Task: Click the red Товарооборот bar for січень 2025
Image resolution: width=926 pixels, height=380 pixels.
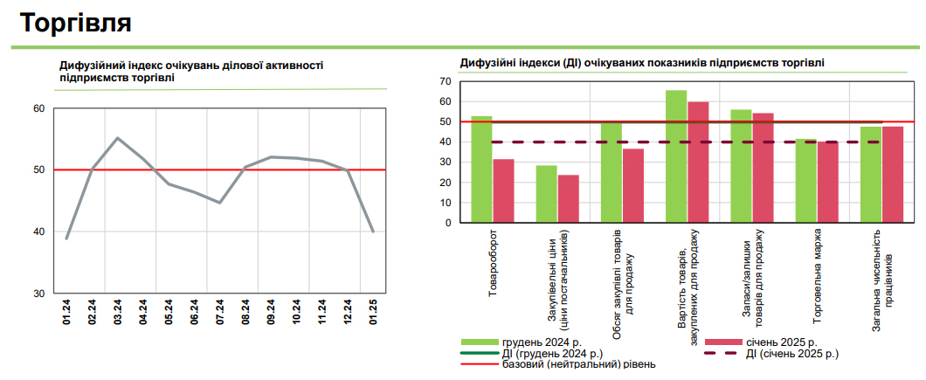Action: coord(503,190)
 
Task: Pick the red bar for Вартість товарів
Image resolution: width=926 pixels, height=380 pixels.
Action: coord(698,162)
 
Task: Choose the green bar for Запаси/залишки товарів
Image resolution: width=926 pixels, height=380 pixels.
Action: coord(741,165)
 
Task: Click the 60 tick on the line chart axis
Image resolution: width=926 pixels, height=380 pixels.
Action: coord(38,108)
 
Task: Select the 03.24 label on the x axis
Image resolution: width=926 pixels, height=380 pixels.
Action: coord(118,313)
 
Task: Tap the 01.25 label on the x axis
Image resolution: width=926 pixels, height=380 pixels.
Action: coord(373,313)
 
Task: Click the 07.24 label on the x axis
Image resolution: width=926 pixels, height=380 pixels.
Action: coord(220,313)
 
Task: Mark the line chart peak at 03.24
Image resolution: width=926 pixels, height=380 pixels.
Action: coord(118,138)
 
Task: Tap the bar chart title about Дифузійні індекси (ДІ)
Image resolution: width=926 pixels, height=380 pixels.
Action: coord(642,63)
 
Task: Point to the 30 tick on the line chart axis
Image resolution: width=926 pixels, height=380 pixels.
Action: coord(38,293)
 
